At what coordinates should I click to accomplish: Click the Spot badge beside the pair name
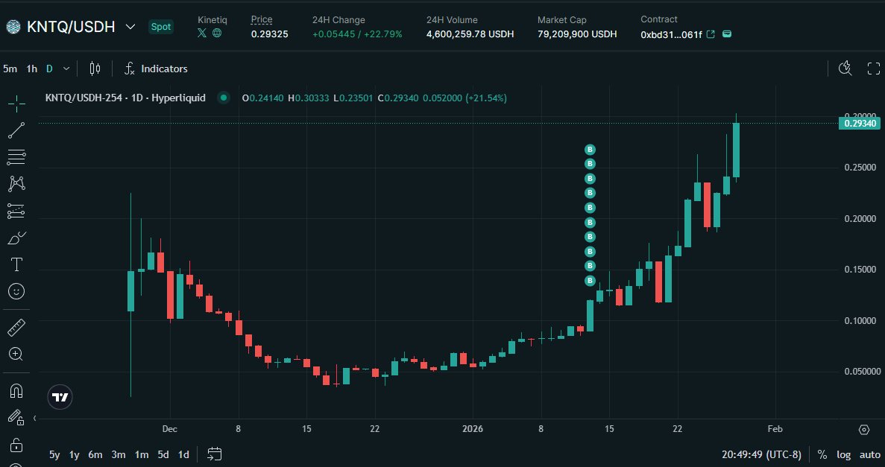click(x=161, y=27)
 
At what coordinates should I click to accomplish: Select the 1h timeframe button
click(x=31, y=69)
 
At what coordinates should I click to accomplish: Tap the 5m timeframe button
click(x=10, y=69)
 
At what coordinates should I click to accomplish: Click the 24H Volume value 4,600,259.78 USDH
click(x=470, y=34)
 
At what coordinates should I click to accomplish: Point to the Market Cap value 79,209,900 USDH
click(x=577, y=34)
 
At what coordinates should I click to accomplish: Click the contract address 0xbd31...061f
click(x=671, y=34)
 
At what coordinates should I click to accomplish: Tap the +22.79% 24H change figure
click(x=385, y=34)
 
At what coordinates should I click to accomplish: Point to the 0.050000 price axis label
click(x=857, y=371)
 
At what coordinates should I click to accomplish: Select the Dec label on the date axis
click(x=169, y=429)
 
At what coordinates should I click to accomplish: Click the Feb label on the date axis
click(x=775, y=429)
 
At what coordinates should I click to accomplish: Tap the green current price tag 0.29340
click(x=860, y=124)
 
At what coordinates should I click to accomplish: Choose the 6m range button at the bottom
click(x=95, y=454)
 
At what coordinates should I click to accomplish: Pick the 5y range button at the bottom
click(x=54, y=454)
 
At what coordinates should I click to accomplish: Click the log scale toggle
click(x=843, y=454)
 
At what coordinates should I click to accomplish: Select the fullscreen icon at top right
click(x=874, y=69)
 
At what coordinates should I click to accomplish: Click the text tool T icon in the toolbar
click(x=16, y=264)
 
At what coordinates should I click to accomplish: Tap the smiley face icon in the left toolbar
click(x=16, y=290)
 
